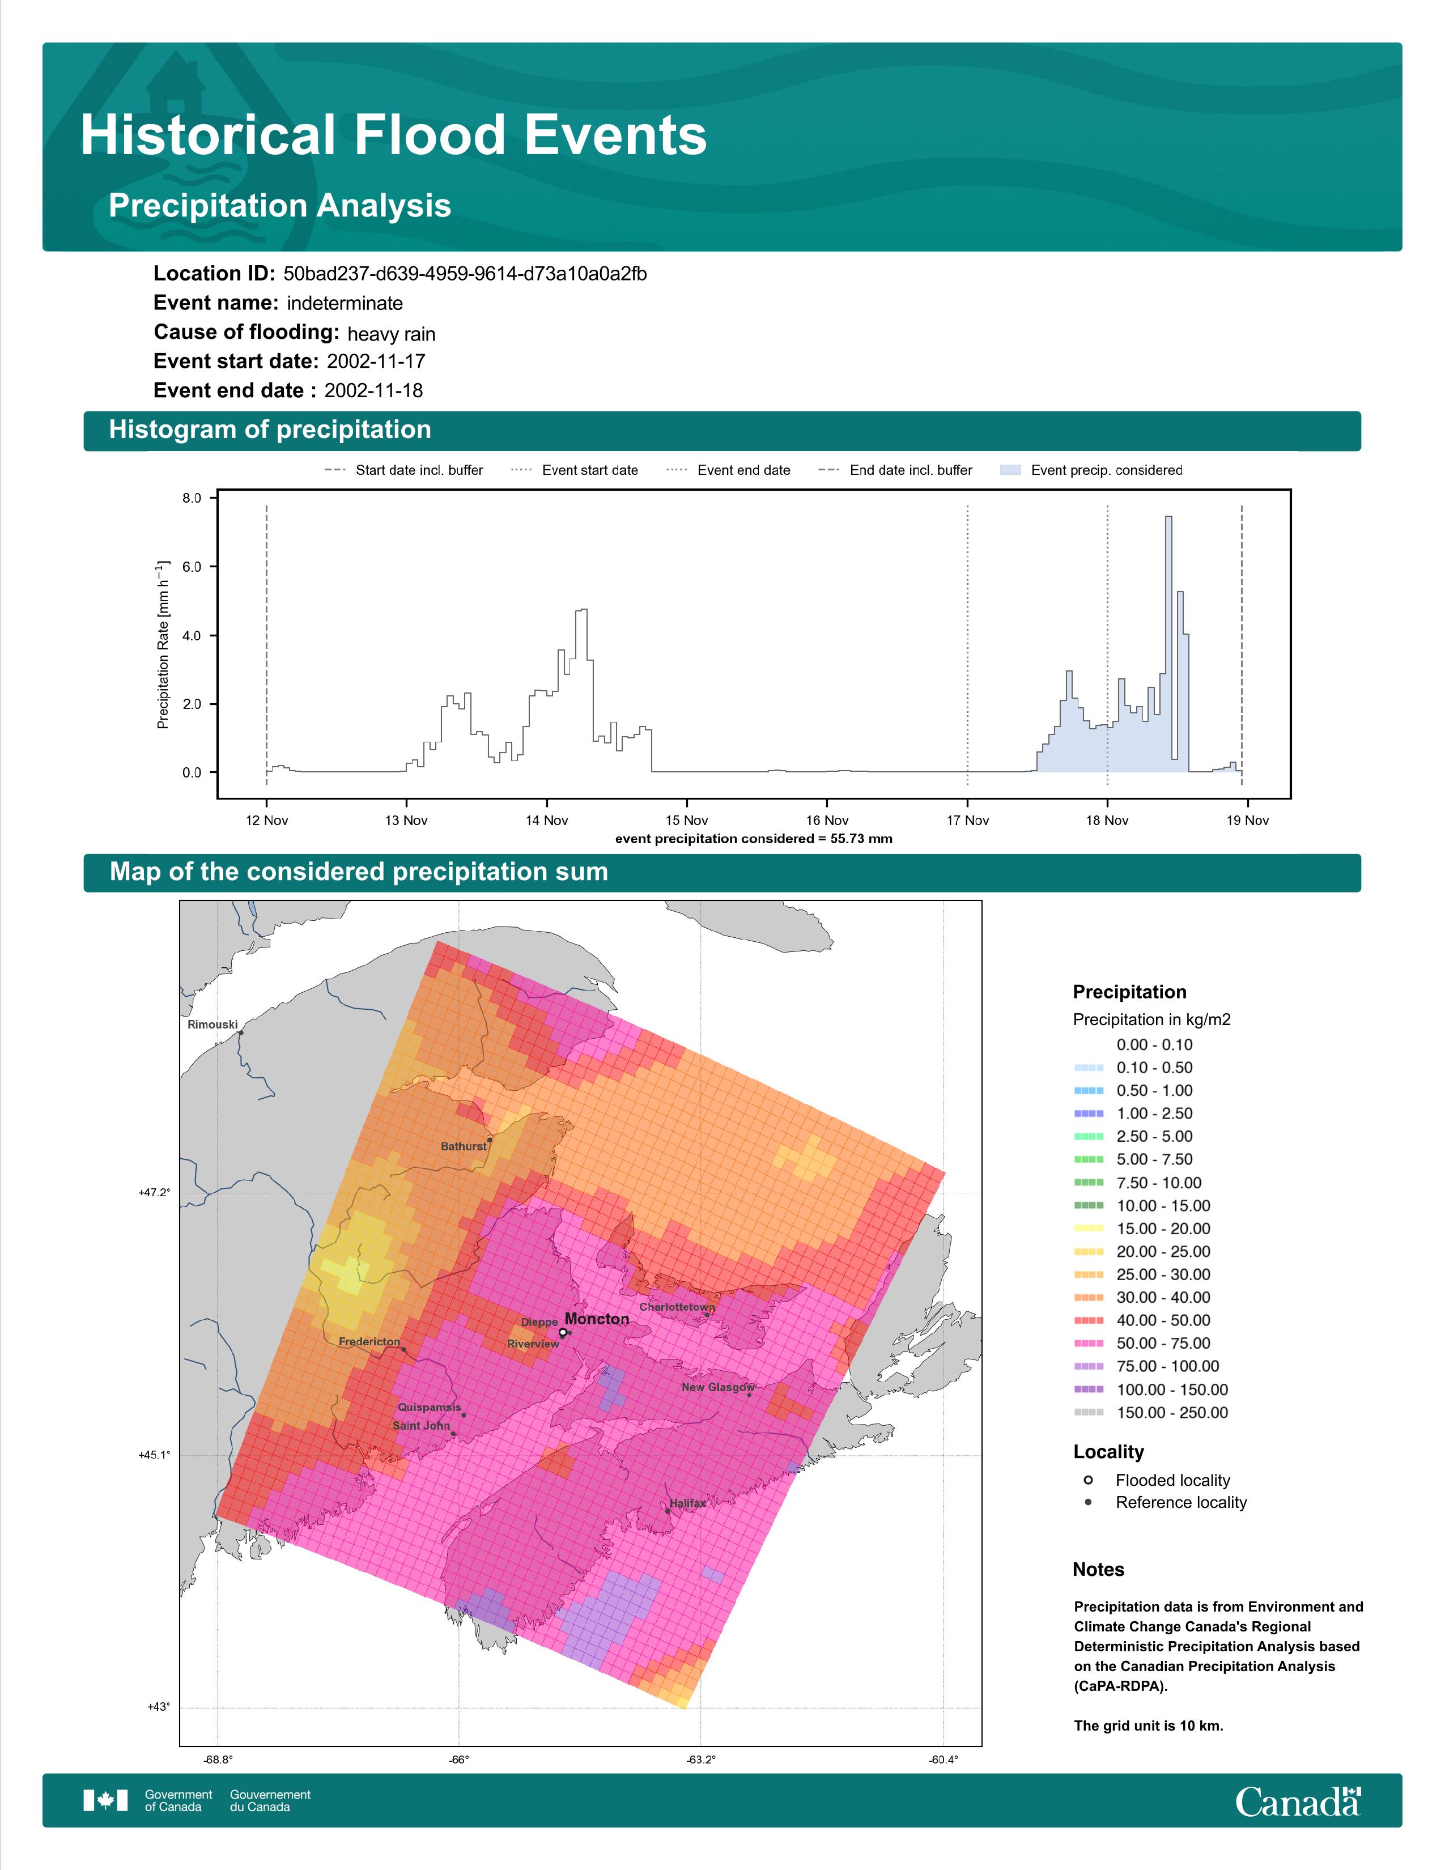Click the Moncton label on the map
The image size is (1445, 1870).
[x=597, y=1319]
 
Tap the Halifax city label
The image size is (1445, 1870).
[x=688, y=1503]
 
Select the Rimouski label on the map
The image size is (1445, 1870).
[x=212, y=1024]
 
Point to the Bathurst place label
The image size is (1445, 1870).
[x=463, y=1146]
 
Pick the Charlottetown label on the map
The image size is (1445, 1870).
[x=677, y=1307]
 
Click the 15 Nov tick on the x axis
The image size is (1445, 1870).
[x=687, y=821]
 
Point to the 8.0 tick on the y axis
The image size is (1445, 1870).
[x=192, y=498]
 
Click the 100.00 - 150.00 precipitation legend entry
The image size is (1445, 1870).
[x=1150, y=1389]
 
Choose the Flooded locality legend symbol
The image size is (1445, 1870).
[x=1088, y=1480]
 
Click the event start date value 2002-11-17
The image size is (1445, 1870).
[x=376, y=362]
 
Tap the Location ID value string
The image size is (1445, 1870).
[x=465, y=274]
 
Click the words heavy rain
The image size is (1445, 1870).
[x=391, y=334]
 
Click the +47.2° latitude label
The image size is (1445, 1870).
[x=154, y=1192]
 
